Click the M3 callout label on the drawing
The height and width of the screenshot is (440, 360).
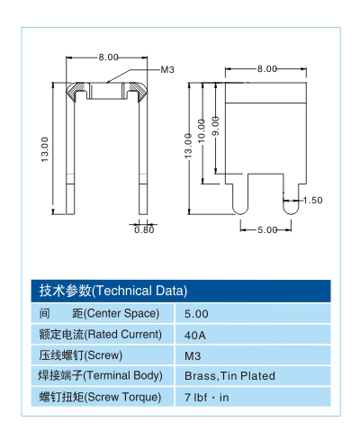click(167, 70)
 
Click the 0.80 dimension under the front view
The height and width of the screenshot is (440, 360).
click(144, 229)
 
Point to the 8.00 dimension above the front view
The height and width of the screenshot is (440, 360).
click(109, 57)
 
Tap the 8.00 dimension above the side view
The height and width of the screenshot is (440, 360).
click(267, 69)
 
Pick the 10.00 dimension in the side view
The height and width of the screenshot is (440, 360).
click(202, 126)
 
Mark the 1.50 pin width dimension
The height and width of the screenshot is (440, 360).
click(312, 200)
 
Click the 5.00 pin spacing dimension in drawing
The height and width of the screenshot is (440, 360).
click(267, 230)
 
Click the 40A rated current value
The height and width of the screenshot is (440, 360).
click(195, 335)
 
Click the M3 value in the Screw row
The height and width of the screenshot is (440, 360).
click(192, 355)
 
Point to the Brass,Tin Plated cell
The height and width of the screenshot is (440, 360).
click(229, 376)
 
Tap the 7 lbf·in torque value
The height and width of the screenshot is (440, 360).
click(206, 397)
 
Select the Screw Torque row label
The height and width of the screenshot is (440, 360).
click(100, 397)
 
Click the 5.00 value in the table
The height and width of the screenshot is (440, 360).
click(196, 314)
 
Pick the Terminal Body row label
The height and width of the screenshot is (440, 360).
click(100, 376)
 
